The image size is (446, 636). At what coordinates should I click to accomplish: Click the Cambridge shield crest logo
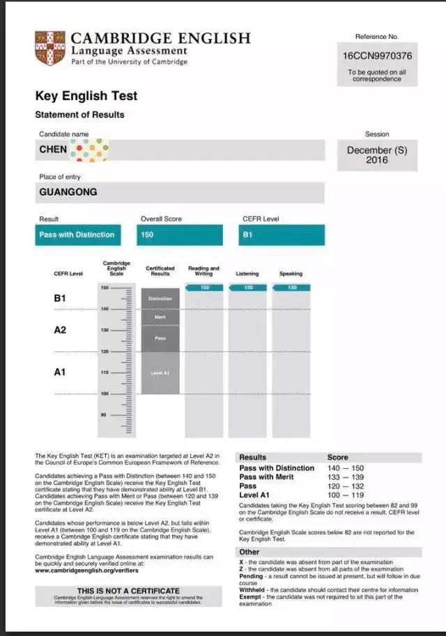(49, 48)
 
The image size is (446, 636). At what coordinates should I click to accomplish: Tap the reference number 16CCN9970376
(377, 56)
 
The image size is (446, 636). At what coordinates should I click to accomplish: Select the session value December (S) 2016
(377, 155)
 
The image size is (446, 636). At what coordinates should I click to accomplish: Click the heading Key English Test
(86, 96)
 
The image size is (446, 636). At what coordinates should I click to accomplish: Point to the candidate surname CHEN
(54, 149)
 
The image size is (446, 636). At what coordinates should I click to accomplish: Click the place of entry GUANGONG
(68, 192)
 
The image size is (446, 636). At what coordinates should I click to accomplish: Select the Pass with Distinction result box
(77, 235)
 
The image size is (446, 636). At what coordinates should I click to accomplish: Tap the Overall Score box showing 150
(180, 235)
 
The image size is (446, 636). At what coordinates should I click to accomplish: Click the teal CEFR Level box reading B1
(282, 235)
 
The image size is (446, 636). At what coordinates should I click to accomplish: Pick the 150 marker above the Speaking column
(292, 287)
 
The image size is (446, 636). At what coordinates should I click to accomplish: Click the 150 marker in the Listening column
(249, 287)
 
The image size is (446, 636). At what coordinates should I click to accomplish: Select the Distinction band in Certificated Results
(160, 299)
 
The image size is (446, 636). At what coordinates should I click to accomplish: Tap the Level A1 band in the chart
(160, 373)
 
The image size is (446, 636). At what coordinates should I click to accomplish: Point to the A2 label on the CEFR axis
(60, 330)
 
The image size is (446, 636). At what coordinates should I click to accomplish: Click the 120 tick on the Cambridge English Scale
(105, 351)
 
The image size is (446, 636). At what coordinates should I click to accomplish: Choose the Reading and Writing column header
(203, 271)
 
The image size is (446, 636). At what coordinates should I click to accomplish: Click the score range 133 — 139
(346, 477)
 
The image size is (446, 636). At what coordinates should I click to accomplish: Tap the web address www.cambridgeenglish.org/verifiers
(87, 571)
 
